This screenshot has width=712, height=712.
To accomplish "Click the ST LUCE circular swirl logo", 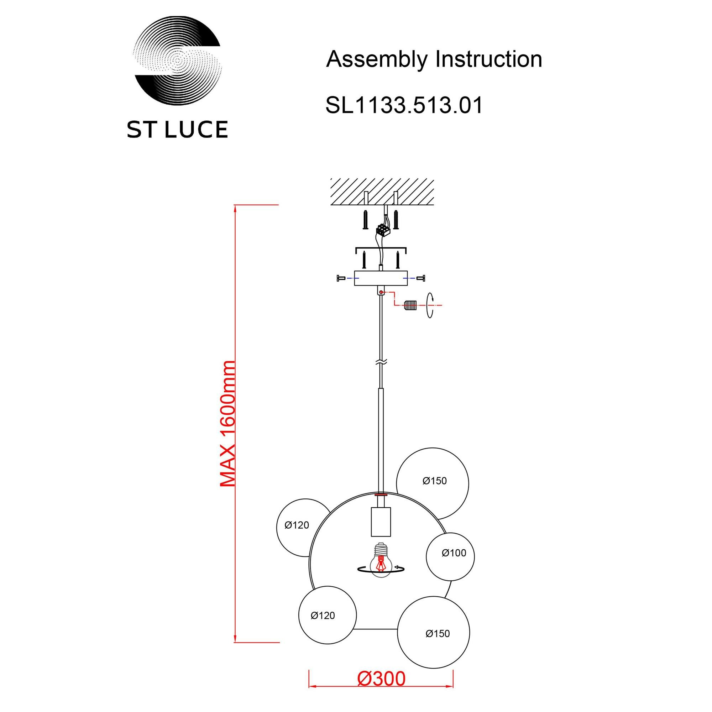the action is (x=177, y=61).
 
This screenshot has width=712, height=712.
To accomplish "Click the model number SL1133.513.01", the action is (x=404, y=105).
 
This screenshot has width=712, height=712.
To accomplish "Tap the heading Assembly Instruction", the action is (x=434, y=59).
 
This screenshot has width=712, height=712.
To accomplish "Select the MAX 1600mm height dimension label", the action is (x=227, y=424).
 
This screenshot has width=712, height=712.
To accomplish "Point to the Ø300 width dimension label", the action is (x=381, y=679).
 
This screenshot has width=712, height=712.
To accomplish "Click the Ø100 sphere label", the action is (x=454, y=553).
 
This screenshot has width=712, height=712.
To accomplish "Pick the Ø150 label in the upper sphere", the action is (x=434, y=481).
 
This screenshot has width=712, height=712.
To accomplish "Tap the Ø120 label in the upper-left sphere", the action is (x=296, y=525).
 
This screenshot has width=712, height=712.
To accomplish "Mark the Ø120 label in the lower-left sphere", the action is (x=323, y=616).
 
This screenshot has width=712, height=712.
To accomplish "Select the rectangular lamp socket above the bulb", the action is (x=381, y=522).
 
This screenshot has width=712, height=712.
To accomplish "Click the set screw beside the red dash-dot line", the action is (x=410, y=305).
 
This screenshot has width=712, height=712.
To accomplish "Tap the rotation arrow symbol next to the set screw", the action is (x=430, y=305).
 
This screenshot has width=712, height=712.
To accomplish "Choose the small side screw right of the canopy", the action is (x=421, y=278).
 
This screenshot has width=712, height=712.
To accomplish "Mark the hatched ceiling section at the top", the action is (x=382, y=192).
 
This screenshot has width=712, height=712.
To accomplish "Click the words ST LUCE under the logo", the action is (x=177, y=130).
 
